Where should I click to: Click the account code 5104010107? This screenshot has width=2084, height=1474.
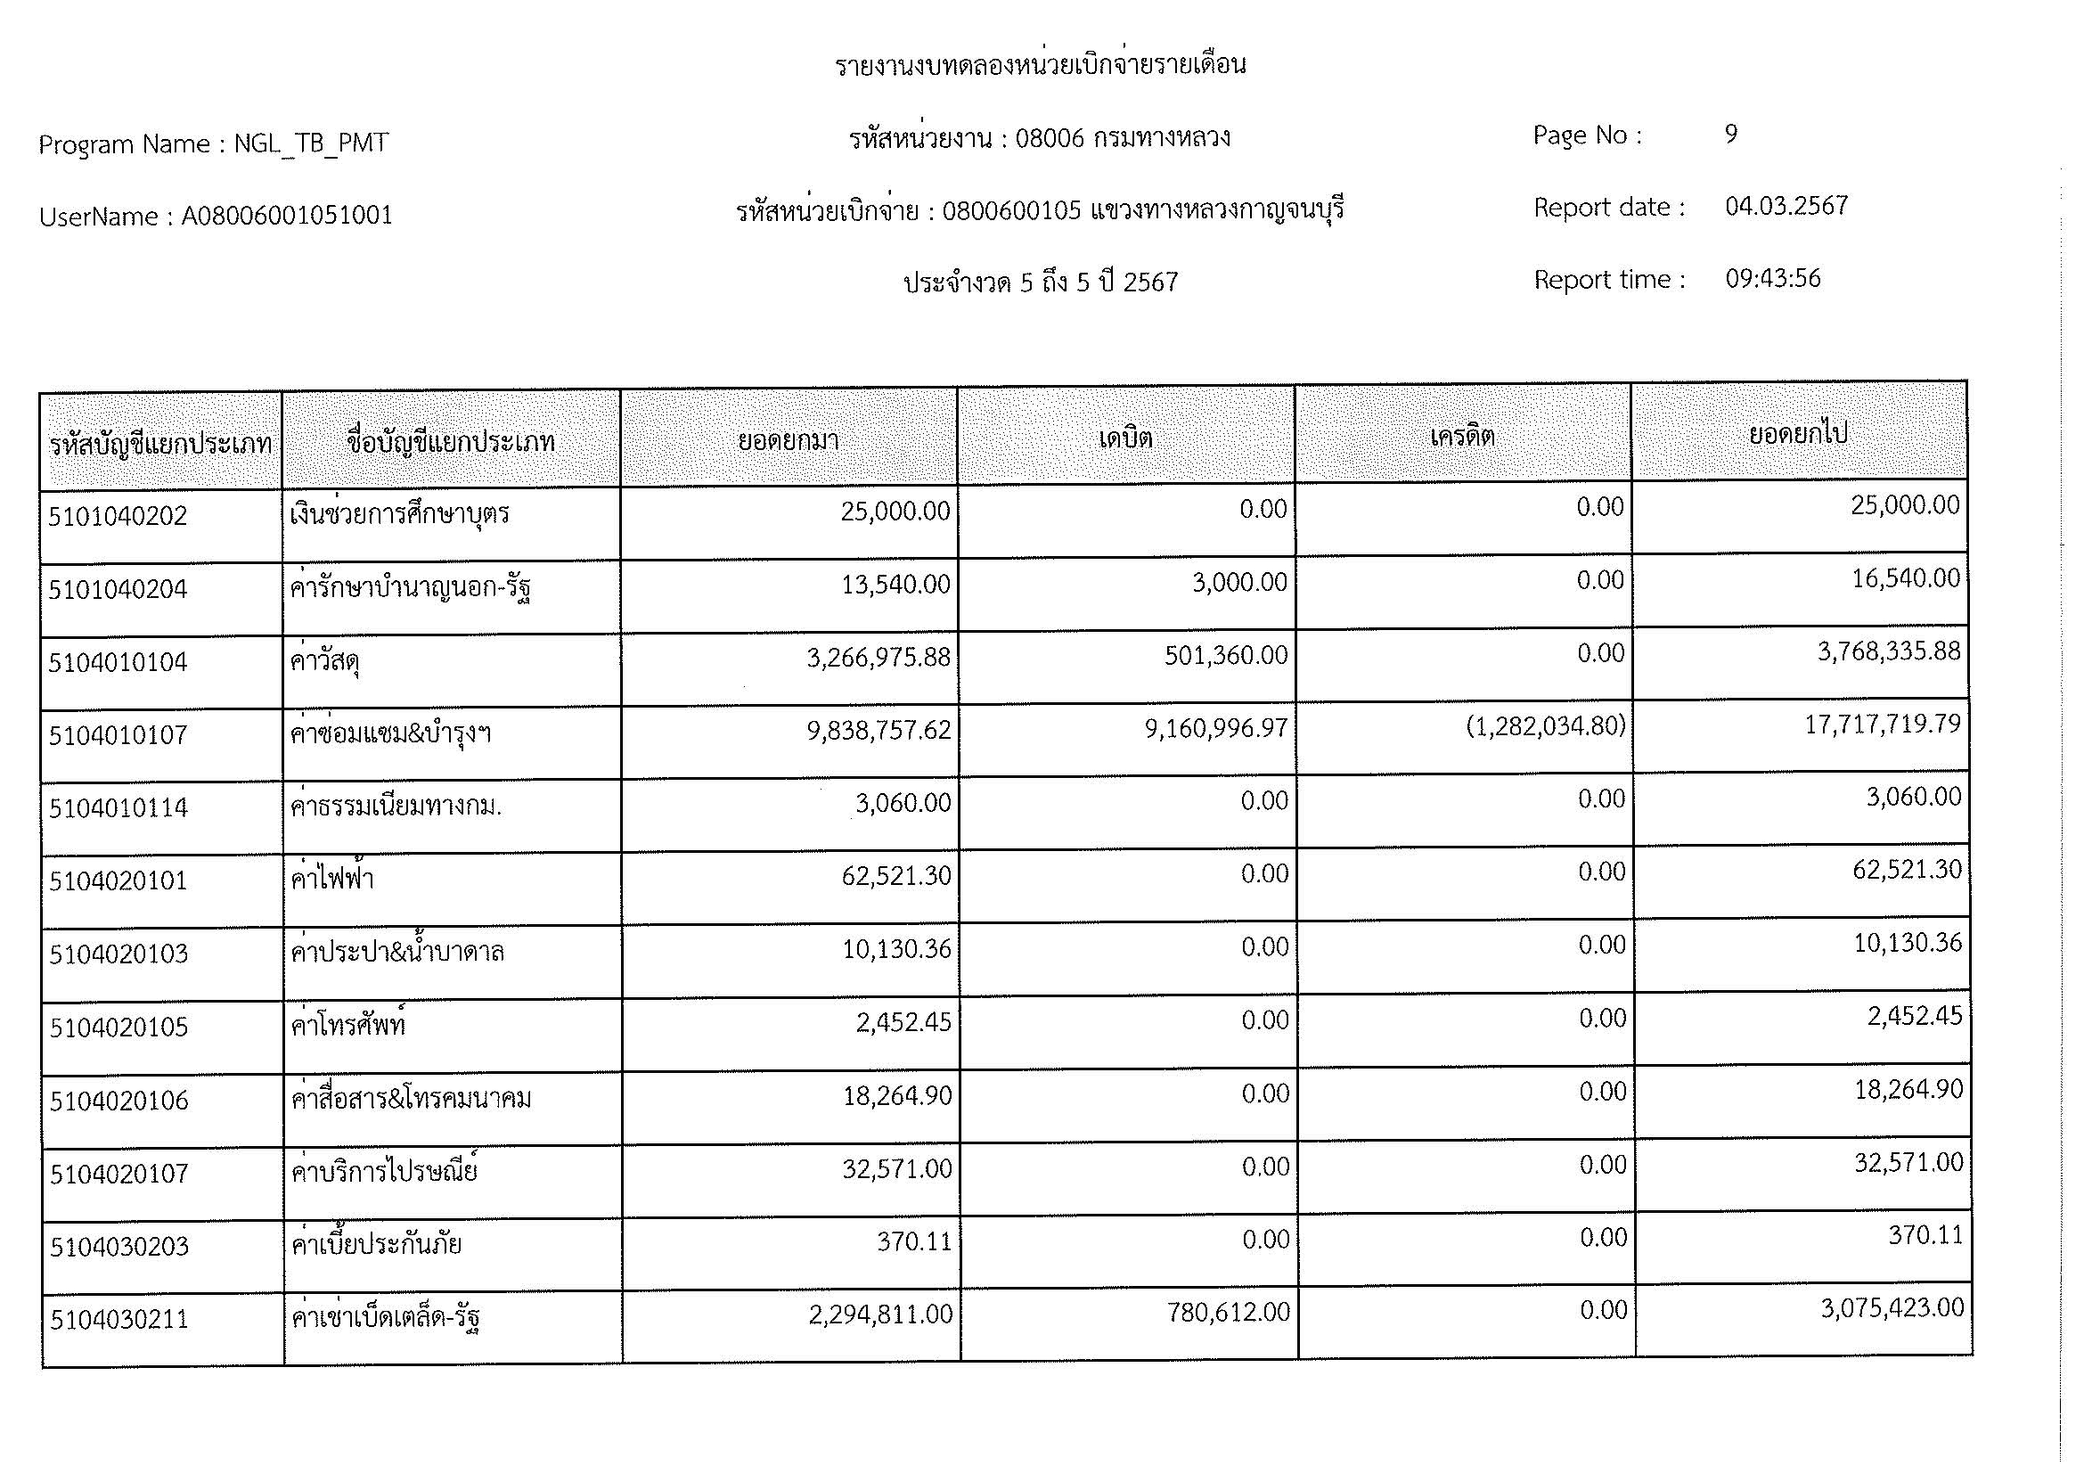click(118, 735)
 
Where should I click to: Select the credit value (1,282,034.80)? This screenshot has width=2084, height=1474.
click(1545, 727)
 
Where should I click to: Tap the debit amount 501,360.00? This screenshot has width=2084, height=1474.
click(1225, 655)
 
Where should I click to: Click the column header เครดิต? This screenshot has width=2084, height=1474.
click(1461, 437)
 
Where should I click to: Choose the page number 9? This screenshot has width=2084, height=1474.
click(1731, 135)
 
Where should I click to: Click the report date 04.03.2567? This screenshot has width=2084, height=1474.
click(1786, 206)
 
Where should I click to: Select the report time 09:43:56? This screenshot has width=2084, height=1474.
click(1773, 279)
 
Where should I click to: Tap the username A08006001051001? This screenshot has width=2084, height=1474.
click(287, 216)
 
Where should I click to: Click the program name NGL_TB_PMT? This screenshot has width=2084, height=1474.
click(311, 143)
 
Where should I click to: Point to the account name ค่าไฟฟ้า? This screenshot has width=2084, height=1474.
click(332, 879)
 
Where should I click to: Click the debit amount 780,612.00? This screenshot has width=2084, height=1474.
click(1228, 1313)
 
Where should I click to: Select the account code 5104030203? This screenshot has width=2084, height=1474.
click(119, 1247)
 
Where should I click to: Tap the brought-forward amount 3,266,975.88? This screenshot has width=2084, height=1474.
click(878, 657)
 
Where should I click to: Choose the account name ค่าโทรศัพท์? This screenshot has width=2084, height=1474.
click(347, 1026)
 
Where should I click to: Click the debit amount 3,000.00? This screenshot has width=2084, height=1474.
click(1239, 583)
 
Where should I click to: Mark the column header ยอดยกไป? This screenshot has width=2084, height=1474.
click(1797, 434)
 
